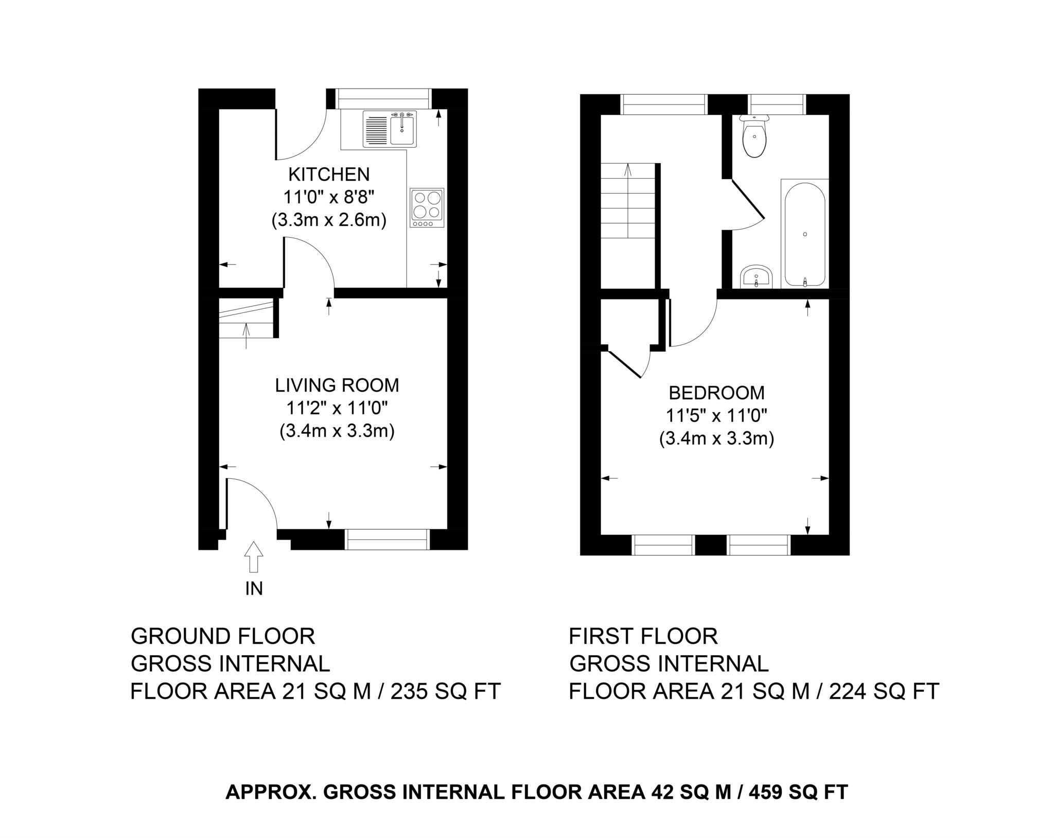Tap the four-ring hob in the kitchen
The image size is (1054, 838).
pos(427,207)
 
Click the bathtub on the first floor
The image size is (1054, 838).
pos(805,234)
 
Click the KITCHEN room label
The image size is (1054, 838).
pos(329,175)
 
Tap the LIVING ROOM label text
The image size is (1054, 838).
pos(337,386)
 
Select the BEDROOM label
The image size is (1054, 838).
pos(716,393)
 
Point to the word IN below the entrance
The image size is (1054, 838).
pos(254,588)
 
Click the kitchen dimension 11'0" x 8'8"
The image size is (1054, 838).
pos(329,198)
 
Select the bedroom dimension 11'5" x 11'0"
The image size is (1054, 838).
pos(716,416)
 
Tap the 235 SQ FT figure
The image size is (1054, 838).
pos(445,691)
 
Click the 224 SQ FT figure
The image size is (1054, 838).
pos(884,691)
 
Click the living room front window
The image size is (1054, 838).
pos(387,539)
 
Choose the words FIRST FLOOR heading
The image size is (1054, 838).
pos(643,637)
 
